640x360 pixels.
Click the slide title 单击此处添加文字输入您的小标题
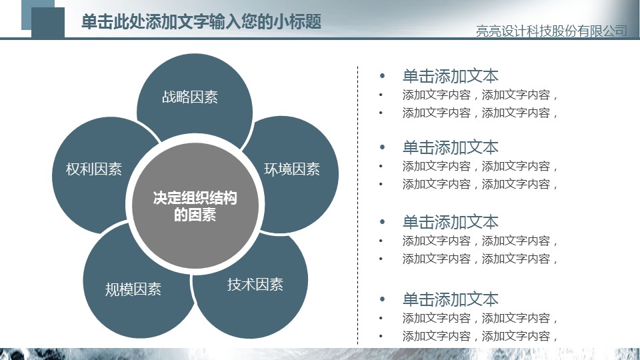(201, 21)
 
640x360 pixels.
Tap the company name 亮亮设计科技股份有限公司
(551, 31)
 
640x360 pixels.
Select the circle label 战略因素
(190, 97)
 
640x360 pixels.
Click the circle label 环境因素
(292, 169)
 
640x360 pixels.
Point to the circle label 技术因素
(255, 285)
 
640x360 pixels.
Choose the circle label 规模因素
(133, 289)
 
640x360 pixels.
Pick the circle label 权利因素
(94, 169)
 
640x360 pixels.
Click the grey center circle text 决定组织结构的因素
(195, 206)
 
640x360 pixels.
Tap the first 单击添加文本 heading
(450, 76)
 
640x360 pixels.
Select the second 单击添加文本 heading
(450, 147)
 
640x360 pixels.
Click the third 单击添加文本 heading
(450, 222)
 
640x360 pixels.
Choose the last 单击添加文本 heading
(450, 299)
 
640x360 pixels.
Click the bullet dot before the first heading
(382, 76)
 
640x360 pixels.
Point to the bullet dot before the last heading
(382, 299)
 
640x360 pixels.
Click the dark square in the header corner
(48, 23)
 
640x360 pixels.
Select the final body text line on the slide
(479, 336)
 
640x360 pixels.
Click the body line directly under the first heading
(479, 95)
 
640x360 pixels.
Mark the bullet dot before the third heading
(382, 222)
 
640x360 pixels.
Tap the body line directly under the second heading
(479, 166)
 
